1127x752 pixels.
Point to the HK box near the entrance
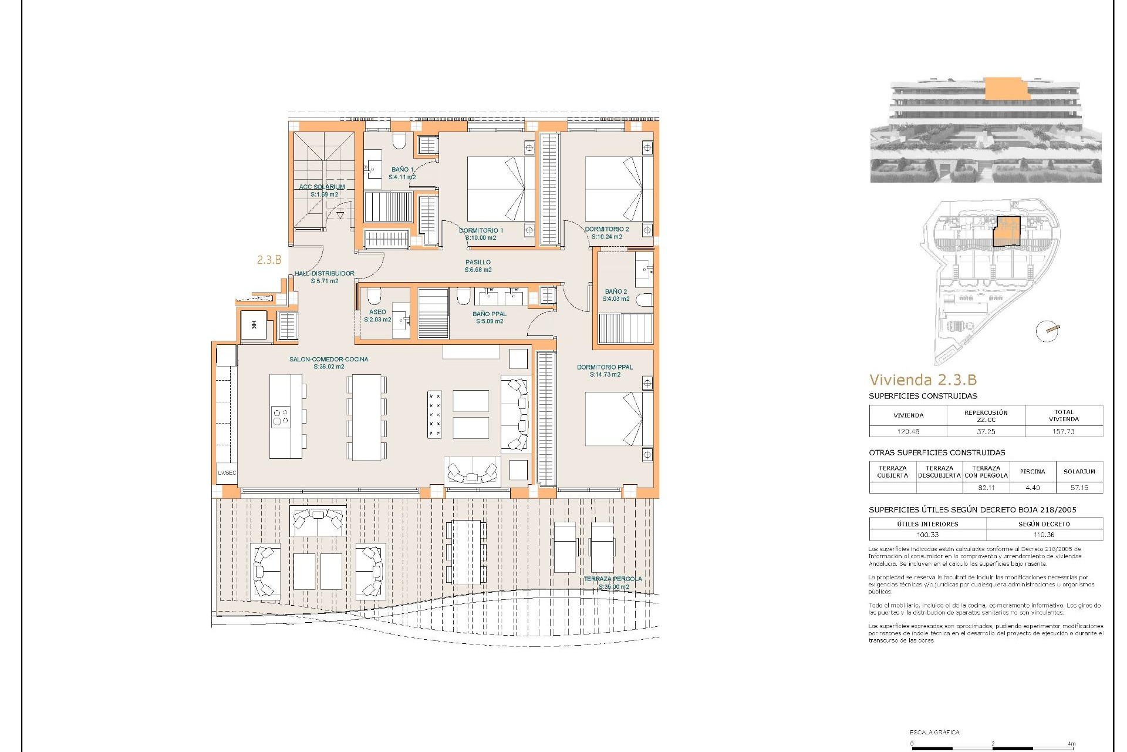(254, 325)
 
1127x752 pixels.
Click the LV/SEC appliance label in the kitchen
(227, 472)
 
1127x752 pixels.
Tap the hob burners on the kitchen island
(281, 417)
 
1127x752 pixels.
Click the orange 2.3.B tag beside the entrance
(269, 260)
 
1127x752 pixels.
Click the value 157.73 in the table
(1064, 431)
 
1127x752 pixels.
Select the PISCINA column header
(1032, 472)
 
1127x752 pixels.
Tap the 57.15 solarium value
(1079, 488)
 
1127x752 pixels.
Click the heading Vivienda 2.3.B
(923, 380)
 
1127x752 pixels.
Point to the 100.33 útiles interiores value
(927, 535)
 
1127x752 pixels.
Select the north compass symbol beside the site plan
(1047, 331)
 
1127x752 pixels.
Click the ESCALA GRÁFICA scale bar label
(934, 732)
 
